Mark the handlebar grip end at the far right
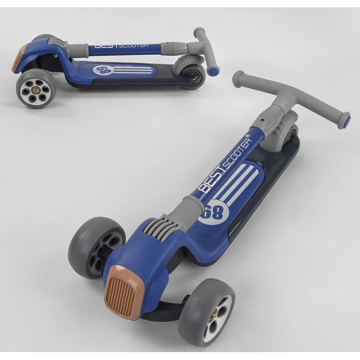pyautogui.click(x=341, y=121)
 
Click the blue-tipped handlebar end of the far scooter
pyautogui.click(x=213, y=71)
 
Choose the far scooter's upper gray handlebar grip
pyautogui.click(x=199, y=34)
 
